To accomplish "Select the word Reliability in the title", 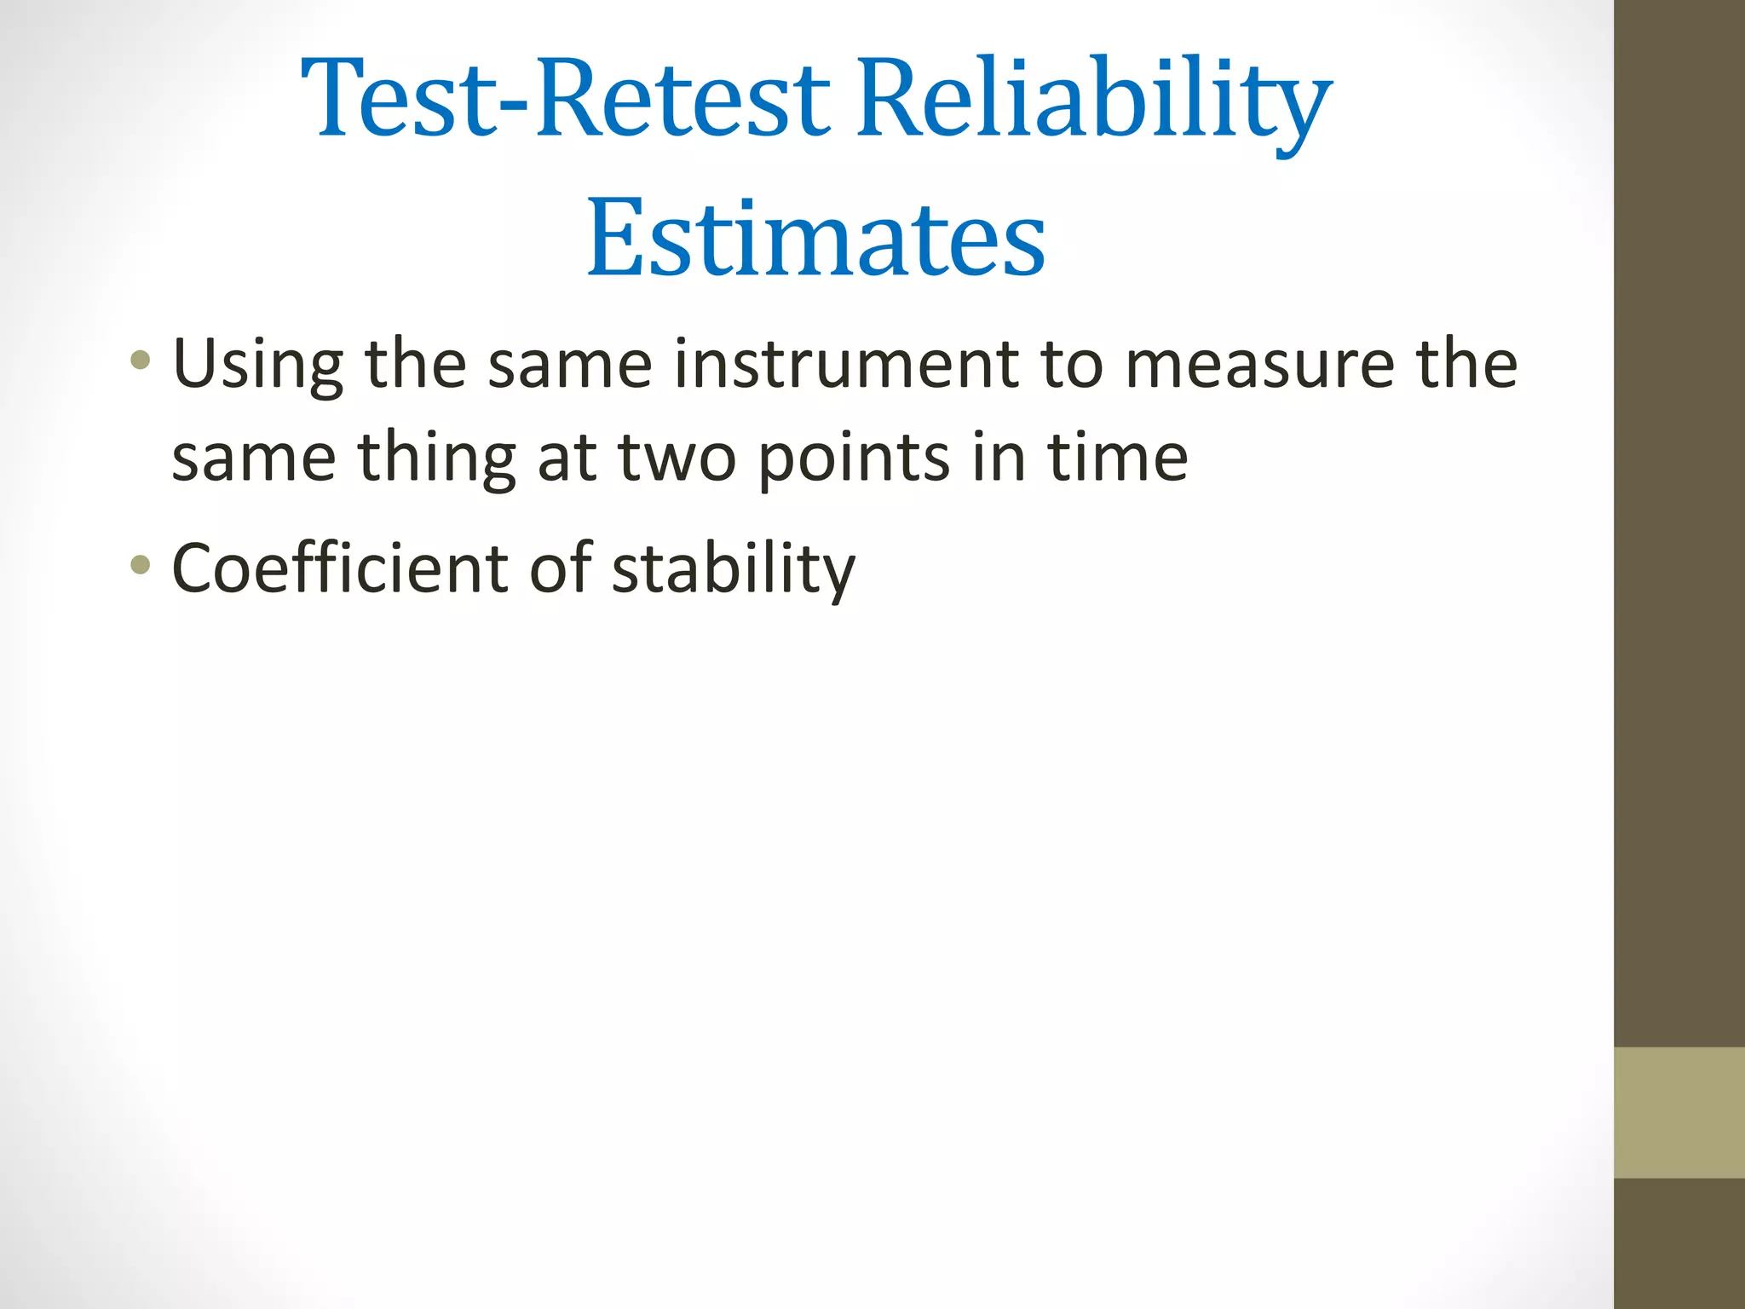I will (1093, 98).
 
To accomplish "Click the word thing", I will (436, 458).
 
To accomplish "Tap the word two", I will (677, 458).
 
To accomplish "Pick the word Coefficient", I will (339, 568).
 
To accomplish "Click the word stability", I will (733, 568).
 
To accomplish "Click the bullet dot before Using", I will (141, 360).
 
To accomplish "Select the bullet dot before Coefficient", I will (141, 563).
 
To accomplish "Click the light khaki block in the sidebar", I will (1679, 1112).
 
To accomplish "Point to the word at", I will (567, 458).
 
